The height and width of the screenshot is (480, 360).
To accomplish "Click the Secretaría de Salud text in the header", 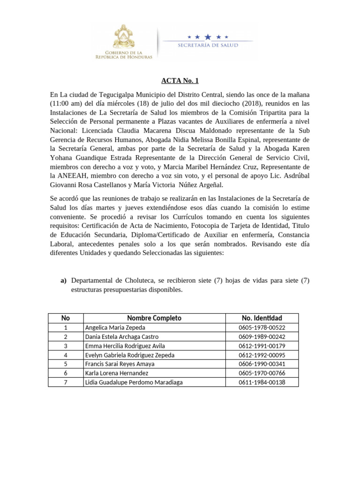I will tap(207, 45).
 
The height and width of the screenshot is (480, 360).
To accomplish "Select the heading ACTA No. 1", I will tap(180, 81).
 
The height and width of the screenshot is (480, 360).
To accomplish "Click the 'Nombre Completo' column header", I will tap(154, 318).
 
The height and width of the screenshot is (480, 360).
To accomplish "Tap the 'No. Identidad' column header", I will tap(262, 318).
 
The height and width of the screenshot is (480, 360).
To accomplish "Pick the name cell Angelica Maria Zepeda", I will tap(109, 328).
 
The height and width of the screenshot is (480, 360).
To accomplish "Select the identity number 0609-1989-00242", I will tap(262, 337).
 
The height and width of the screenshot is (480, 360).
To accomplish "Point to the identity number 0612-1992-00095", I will tap(262, 355).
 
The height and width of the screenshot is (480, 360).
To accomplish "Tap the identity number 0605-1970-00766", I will tap(262, 374).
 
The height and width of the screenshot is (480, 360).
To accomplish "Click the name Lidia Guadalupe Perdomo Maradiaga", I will tap(134, 382).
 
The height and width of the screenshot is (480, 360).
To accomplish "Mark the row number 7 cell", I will tap(66, 382).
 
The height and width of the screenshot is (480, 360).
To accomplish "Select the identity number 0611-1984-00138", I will tap(262, 382).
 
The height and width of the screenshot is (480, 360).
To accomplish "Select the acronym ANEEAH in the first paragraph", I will tap(74, 175).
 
